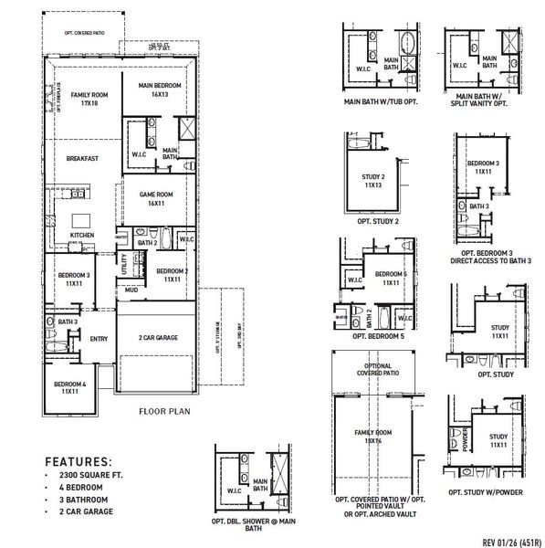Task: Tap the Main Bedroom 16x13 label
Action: pos(161,90)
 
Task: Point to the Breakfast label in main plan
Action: pos(82,158)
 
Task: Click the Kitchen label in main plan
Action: pos(82,236)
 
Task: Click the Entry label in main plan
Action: pos(98,339)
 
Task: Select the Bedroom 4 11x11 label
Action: pos(69,388)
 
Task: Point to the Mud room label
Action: pos(131,290)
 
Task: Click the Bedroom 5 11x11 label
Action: pos(393,279)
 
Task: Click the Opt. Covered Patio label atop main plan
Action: pos(84,32)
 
